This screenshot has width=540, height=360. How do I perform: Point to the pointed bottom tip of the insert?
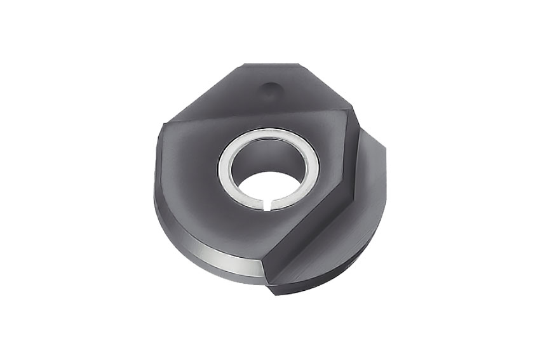point(272,293)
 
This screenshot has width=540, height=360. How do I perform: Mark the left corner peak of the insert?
point(163,123)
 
